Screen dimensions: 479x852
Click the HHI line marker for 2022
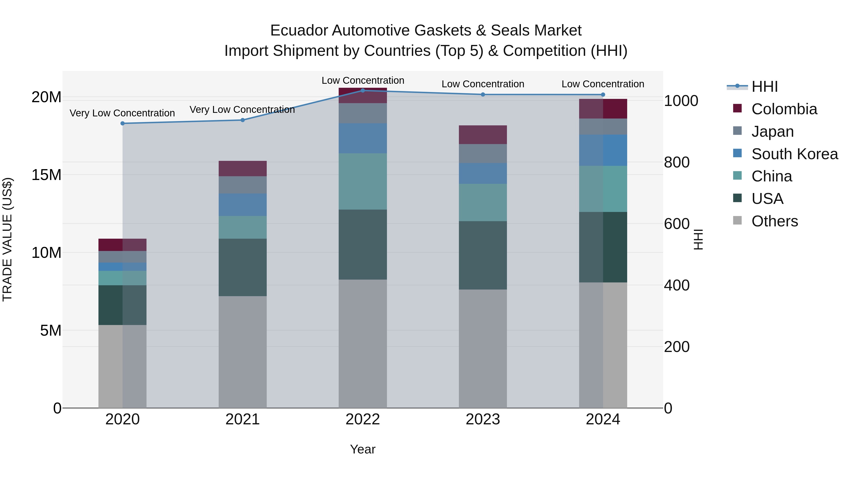click(363, 90)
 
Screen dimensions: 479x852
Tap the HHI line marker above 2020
click(122, 123)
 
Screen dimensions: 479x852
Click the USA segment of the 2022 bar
click(363, 244)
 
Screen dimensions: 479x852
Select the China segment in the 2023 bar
click(483, 202)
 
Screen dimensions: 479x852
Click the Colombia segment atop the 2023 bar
click(483, 135)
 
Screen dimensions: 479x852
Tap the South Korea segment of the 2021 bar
click(242, 205)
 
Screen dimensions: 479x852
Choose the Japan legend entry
click(772, 131)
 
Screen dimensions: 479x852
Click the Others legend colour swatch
click(737, 220)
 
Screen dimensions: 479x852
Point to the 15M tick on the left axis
click(46, 175)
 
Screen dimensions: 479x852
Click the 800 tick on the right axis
click(676, 162)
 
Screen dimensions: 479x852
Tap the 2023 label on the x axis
click(483, 419)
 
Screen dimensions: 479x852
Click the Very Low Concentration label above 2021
click(242, 110)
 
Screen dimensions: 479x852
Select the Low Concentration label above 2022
click(363, 80)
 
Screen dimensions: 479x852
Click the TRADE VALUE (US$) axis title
click(7, 239)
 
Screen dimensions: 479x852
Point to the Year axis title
click(363, 449)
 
